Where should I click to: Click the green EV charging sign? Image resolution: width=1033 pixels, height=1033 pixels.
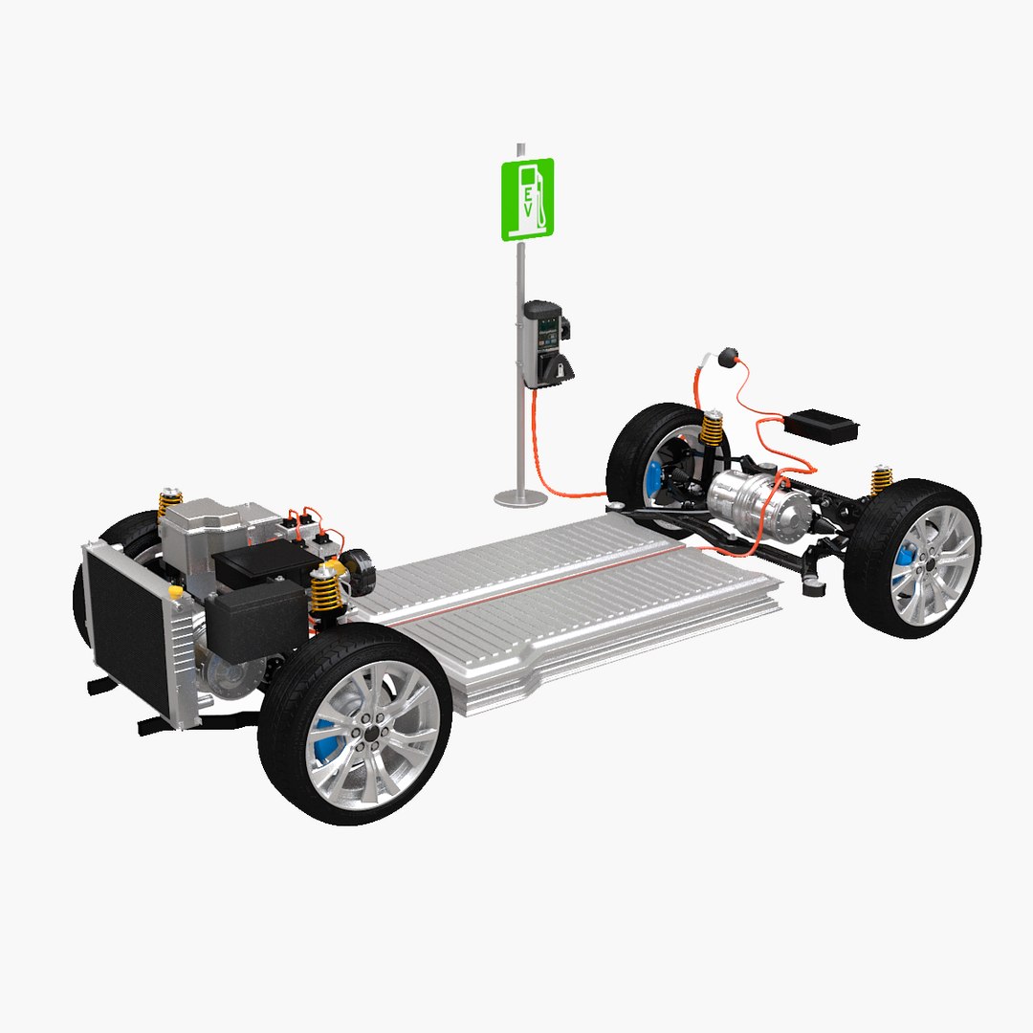(x=527, y=199)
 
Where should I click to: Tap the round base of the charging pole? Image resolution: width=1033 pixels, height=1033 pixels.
(x=521, y=496)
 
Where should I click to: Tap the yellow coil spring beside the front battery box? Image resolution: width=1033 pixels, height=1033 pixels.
(x=327, y=589)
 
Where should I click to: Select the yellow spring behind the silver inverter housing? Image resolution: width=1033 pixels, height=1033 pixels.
(x=170, y=501)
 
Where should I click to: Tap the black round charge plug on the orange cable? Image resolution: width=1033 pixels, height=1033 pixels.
(x=731, y=359)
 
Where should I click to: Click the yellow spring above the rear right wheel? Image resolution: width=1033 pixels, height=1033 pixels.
(x=881, y=478)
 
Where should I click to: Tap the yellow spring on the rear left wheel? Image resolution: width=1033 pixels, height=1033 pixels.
(x=712, y=427)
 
